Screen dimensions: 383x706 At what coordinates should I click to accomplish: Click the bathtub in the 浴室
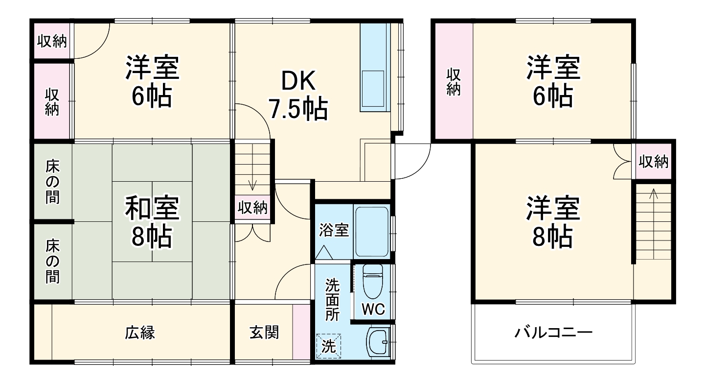point(372,231)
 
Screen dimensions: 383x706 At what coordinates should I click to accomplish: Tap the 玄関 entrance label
point(264,333)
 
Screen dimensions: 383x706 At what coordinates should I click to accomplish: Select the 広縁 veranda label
point(140,333)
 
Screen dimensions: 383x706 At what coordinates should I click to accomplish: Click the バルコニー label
point(553,334)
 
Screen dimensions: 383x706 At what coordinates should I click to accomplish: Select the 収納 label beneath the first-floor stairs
point(252,208)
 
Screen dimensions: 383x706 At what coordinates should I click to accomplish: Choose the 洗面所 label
point(333,299)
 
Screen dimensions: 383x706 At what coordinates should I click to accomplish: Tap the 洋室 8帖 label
point(553,222)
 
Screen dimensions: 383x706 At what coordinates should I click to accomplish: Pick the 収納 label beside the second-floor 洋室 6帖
point(453,82)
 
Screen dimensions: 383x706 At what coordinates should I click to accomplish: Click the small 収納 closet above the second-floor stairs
point(653,162)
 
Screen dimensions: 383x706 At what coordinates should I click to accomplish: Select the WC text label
point(373,309)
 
